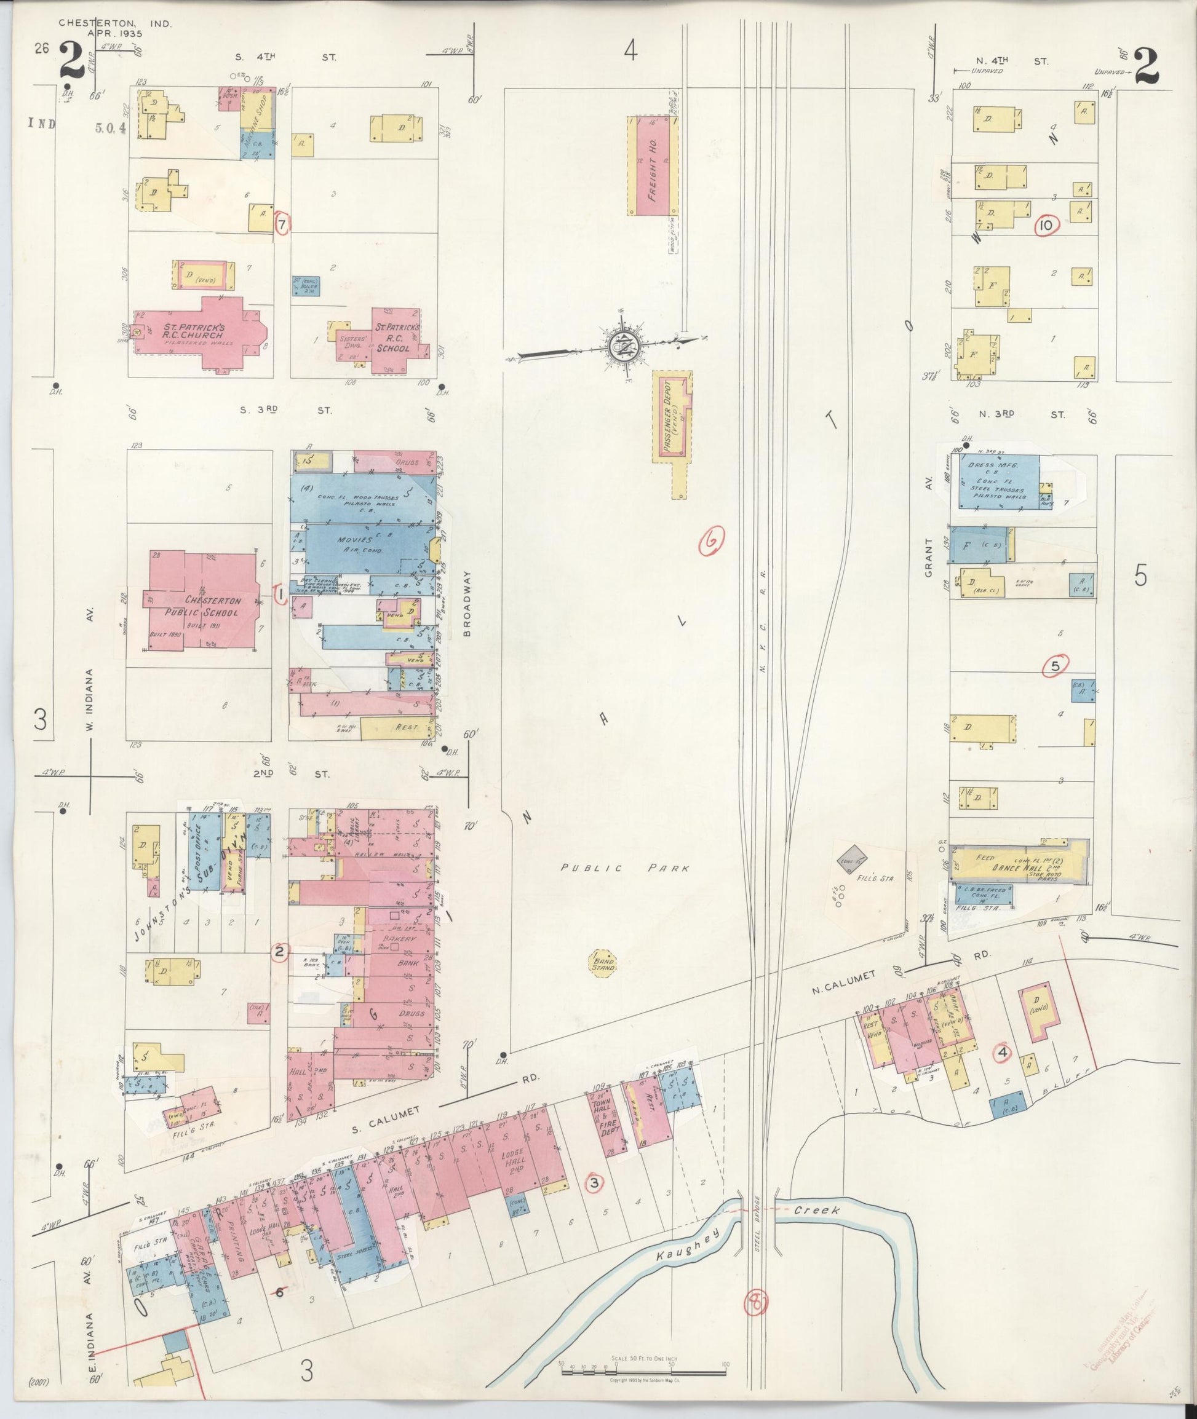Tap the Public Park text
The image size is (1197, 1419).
tap(624, 868)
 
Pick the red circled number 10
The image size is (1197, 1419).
tap(1046, 226)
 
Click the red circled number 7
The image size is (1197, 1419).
tap(282, 222)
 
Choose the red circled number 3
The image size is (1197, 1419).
tap(594, 1184)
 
